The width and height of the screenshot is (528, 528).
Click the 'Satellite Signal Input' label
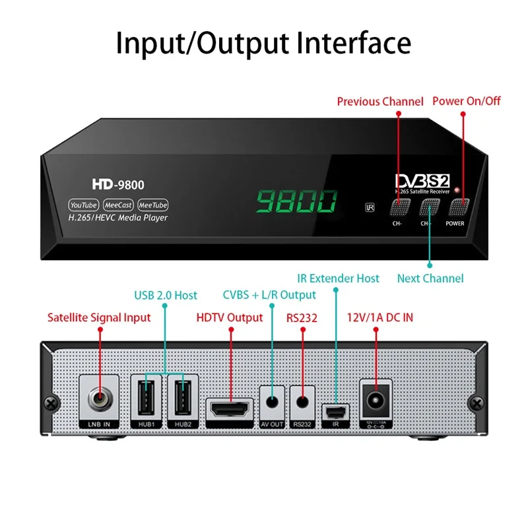click(x=99, y=317)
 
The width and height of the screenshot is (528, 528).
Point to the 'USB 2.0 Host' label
click(x=166, y=294)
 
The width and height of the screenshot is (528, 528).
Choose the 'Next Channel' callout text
click(x=430, y=279)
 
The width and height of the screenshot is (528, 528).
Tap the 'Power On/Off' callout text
click(x=467, y=101)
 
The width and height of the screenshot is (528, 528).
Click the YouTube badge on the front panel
click(x=84, y=205)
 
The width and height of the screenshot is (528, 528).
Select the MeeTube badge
click(x=152, y=205)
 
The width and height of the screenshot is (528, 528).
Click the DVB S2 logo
click(x=422, y=180)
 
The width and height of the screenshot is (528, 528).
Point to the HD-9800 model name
click(x=118, y=185)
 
